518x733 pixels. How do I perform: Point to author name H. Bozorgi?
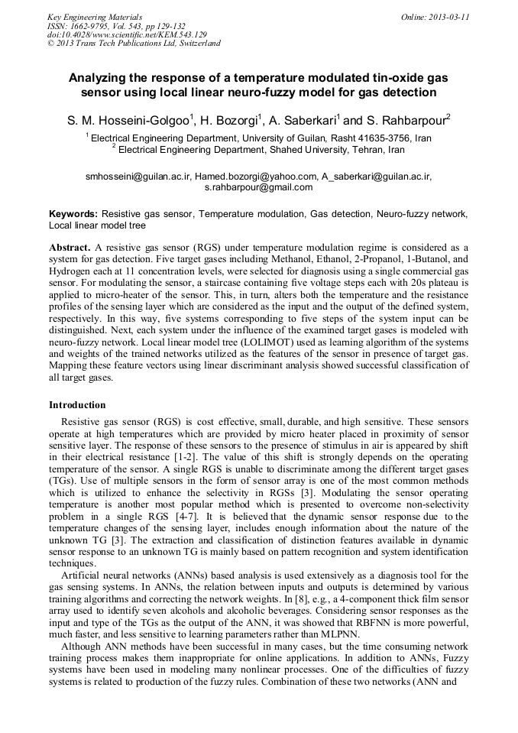pyautogui.click(x=232, y=120)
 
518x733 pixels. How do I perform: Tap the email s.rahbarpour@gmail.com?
pyautogui.click(x=259, y=186)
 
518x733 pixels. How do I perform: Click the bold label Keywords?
pyautogui.click(x=73, y=215)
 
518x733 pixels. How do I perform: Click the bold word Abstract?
pyautogui.click(x=69, y=248)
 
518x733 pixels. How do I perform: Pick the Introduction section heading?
pyautogui.click(x=77, y=404)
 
